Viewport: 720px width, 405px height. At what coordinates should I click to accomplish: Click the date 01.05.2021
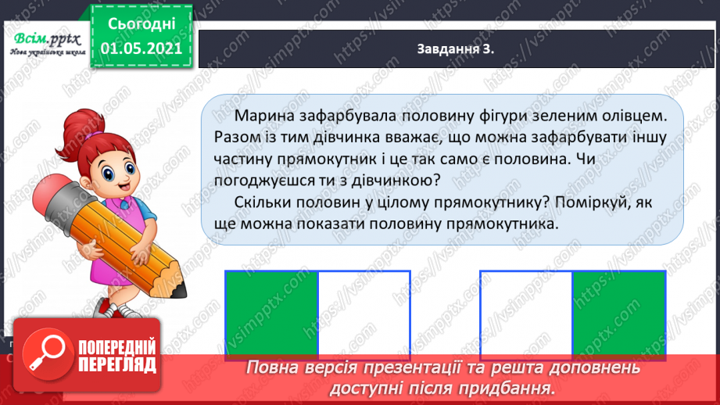pyautogui.click(x=141, y=48)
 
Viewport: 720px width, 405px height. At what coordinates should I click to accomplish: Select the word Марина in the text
pyautogui.click(x=267, y=116)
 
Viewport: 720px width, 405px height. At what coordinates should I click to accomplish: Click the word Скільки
pyautogui.click(x=264, y=202)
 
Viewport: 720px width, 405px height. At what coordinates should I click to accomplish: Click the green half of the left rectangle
pyautogui.click(x=271, y=314)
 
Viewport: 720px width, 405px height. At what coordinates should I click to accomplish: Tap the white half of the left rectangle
pyautogui.click(x=364, y=314)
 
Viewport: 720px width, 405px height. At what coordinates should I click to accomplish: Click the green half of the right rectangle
pyautogui.click(x=618, y=314)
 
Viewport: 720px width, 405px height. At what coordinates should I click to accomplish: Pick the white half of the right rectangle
pyautogui.click(x=526, y=314)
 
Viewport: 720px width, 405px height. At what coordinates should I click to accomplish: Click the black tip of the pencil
pyautogui.click(x=181, y=291)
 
